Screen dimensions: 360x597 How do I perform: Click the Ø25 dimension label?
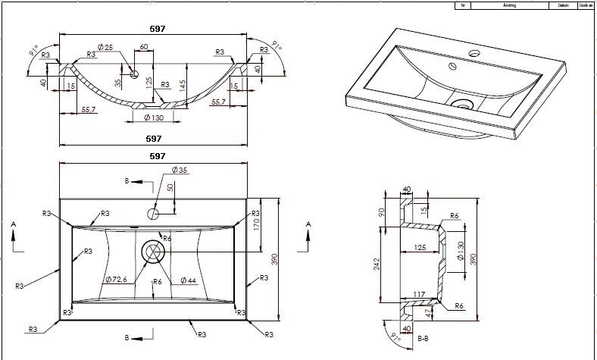[x=106, y=48]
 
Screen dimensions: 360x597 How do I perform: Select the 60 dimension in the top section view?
[x=143, y=48]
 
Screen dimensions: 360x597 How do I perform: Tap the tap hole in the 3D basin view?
[x=474, y=54]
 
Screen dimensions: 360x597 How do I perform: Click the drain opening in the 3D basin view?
[x=461, y=102]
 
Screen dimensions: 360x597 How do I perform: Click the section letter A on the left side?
[x=14, y=224]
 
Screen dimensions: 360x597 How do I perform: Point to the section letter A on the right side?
[x=308, y=224]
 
